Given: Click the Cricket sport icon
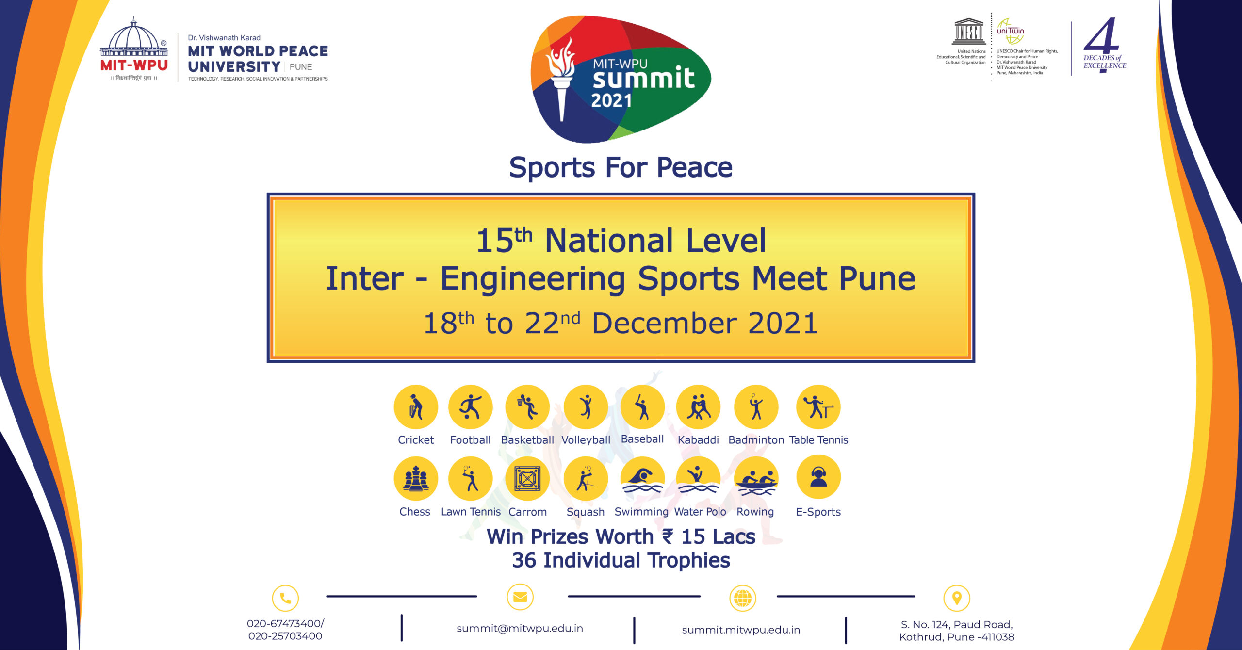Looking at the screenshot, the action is coord(416,407).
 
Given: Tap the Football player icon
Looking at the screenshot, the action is coord(470,407).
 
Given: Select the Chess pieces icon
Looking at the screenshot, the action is coord(416,479).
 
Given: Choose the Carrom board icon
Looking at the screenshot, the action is coord(527,479).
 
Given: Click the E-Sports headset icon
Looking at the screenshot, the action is coord(818,477).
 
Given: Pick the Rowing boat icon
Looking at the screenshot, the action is coord(756,479).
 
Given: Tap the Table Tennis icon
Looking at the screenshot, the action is coord(818,407).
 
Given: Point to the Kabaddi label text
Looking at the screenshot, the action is coord(698,440).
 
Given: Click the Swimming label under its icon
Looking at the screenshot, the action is coord(641,512).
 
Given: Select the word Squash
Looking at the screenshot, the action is coord(586,512).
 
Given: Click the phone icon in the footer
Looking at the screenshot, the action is coord(285,598).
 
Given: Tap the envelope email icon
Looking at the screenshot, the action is coord(520,597).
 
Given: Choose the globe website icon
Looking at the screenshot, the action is coord(743,598).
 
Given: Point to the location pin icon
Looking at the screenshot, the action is coord(957,598).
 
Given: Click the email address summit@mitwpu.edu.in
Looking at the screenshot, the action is coord(520,629).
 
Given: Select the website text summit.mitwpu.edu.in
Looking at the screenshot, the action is coord(741,630).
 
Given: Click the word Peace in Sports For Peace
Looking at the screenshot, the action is coord(694,168).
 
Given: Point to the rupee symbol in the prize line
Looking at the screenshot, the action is coord(668,536).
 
